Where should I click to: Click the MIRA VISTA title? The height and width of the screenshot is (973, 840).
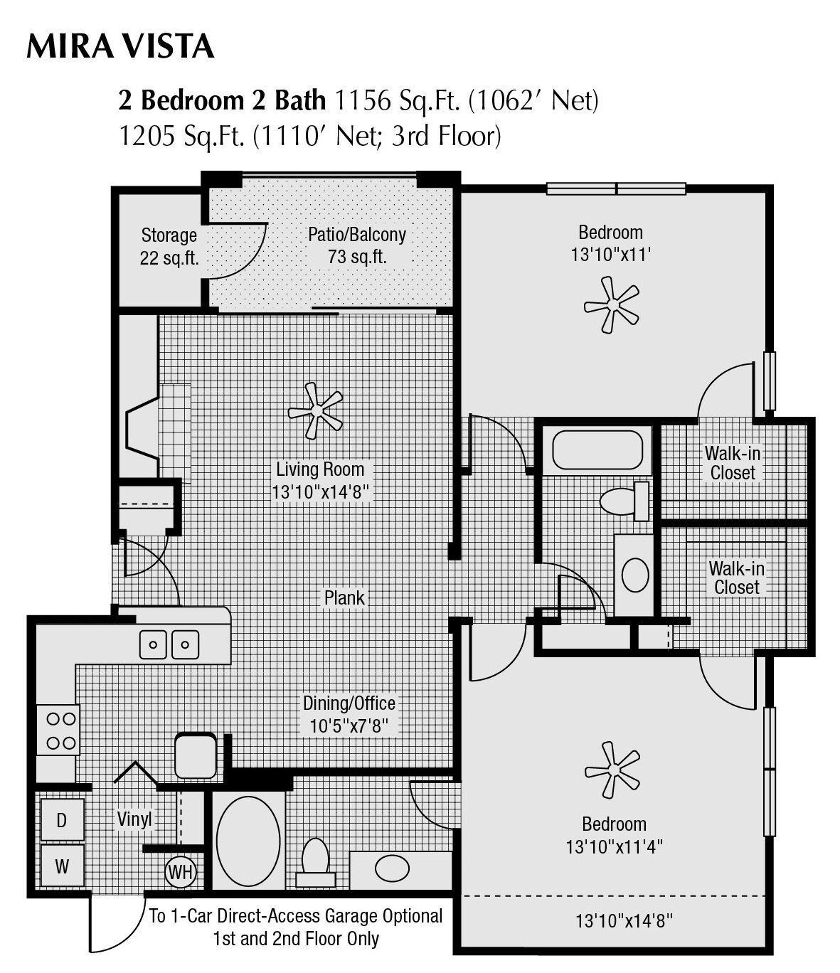pos(119,46)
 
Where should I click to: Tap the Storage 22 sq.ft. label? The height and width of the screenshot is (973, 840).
pos(169,246)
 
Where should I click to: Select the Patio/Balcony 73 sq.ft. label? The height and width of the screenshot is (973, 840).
pos(356,245)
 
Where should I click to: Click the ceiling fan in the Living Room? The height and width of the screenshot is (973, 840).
pos(315,410)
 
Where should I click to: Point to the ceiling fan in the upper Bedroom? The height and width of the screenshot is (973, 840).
pos(611,305)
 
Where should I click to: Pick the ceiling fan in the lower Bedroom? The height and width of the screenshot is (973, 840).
pos(612,770)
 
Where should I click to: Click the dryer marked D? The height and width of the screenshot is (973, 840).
pos(62,820)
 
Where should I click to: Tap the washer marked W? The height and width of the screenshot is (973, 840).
pos(62,866)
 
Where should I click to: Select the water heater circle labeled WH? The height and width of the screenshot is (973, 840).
pos(181,872)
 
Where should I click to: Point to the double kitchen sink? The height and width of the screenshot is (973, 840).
pos(169,644)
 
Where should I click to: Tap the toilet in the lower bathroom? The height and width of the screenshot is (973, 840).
pos(315,857)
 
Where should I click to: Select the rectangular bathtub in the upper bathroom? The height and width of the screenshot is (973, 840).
pos(597,450)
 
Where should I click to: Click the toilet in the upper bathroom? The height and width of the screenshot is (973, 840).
pos(624,501)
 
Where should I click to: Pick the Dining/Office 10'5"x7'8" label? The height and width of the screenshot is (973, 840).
pos(349,714)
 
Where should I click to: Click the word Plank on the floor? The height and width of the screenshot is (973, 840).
pos(344,598)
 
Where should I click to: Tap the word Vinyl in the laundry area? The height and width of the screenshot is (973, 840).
pos(134,819)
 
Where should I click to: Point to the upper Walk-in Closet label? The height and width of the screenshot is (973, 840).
pos(733,462)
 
